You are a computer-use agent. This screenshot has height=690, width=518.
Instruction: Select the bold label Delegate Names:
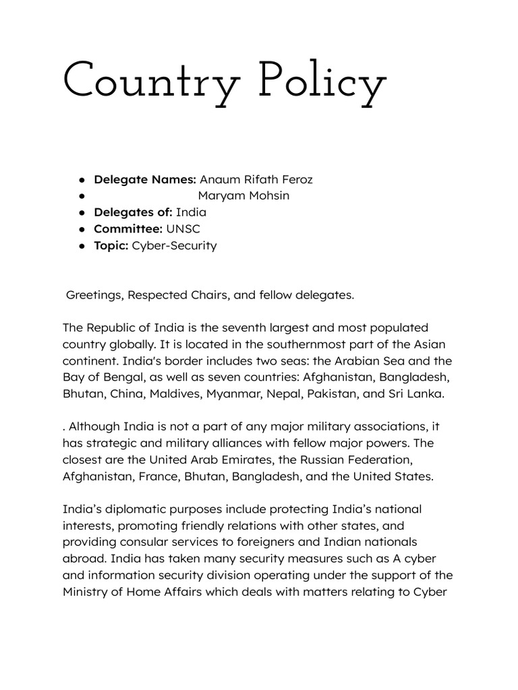click(x=145, y=179)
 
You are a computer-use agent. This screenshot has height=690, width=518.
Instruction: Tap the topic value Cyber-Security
click(x=175, y=245)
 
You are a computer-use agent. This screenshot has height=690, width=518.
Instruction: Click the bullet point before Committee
click(x=81, y=229)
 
